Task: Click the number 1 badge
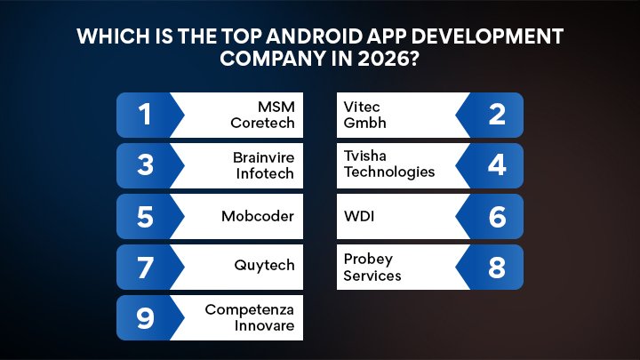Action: pos(146,115)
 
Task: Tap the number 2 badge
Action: pos(497,115)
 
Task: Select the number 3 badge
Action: pos(146,165)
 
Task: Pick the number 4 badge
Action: pos(497,165)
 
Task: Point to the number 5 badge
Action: pos(146,216)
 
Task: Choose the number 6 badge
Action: pos(497,216)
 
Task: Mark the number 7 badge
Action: pos(146,267)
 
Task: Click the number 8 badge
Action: pos(497,267)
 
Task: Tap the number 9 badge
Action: pos(146,317)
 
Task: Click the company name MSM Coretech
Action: pos(263,115)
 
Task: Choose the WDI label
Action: pos(357,216)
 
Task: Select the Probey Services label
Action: pos(372,267)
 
